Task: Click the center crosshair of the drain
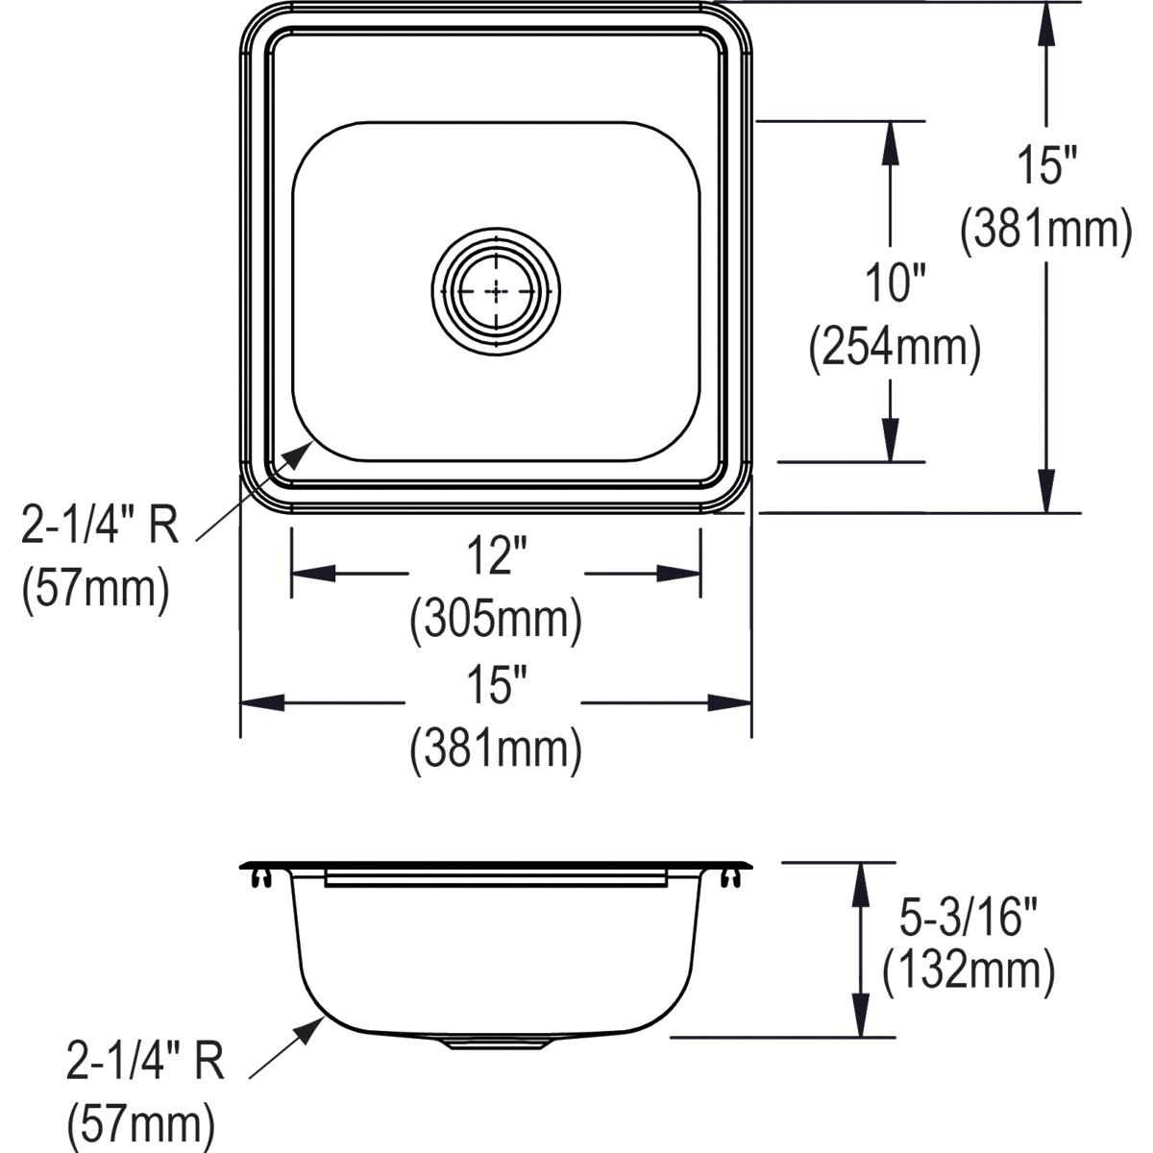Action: pos(496,289)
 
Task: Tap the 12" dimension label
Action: pos(496,556)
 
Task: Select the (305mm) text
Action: pos(496,621)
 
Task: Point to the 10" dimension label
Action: pos(893,284)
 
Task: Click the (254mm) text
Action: pos(895,349)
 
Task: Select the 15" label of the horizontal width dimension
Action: pos(496,688)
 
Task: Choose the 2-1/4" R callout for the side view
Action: pos(145,1063)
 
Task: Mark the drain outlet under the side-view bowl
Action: pos(496,1043)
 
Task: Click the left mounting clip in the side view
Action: pos(260,877)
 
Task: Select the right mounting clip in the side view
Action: pos(731,877)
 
